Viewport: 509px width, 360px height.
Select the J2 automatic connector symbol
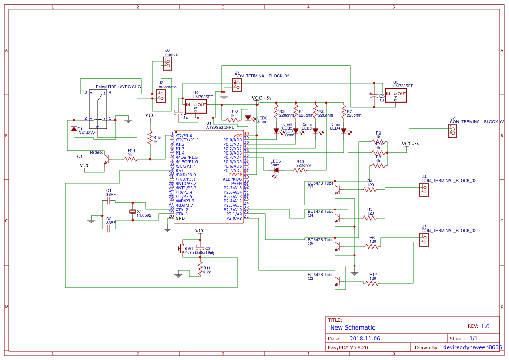click(x=161, y=95)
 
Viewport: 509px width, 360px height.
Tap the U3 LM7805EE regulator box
click(x=395, y=96)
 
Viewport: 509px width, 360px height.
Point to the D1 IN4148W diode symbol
click(x=74, y=128)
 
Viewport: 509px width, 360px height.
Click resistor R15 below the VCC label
click(x=150, y=139)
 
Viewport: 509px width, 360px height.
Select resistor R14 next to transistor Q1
click(x=131, y=159)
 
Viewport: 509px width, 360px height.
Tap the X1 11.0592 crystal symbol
click(x=133, y=212)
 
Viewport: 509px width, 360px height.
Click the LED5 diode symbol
click(x=275, y=170)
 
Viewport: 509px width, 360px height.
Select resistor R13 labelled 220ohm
click(x=300, y=170)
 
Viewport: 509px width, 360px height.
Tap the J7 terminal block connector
click(x=452, y=131)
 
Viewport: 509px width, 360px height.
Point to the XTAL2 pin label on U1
click(x=182, y=209)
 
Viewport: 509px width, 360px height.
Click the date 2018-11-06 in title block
click(x=365, y=338)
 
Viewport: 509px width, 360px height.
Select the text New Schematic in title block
click(x=352, y=327)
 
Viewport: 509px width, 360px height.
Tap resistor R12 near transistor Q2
click(x=372, y=283)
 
